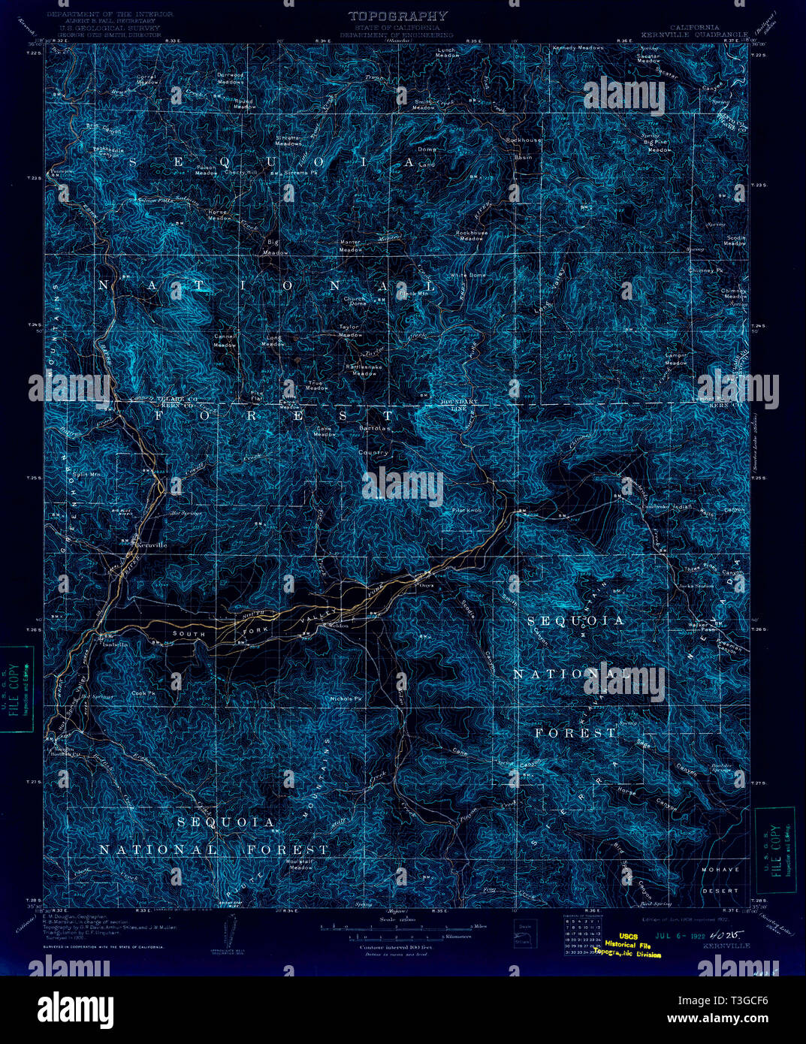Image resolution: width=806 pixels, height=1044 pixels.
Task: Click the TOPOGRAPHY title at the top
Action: click(398, 16)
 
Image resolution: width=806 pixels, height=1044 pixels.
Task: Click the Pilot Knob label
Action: click(466, 510)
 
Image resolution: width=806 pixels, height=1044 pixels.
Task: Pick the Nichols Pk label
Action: click(346, 699)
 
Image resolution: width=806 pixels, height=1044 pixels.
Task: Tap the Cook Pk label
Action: click(143, 693)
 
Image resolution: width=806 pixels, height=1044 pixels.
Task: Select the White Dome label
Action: click(467, 276)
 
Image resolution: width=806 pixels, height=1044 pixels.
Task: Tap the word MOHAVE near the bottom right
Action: click(720, 869)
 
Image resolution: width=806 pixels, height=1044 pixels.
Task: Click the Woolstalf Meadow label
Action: click(301, 864)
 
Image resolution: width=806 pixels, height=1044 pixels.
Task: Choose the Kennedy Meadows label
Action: click(578, 48)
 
